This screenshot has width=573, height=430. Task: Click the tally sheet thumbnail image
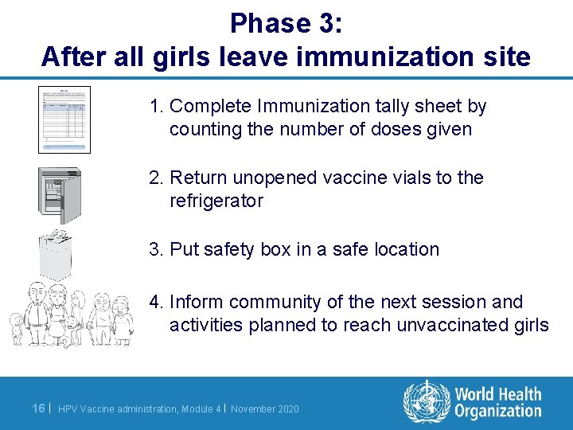pyautogui.click(x=64, y=119)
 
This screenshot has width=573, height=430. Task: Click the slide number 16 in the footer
pyautogui.click(x=38, y=408)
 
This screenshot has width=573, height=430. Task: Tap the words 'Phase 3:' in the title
pyautogui.click(x=286, y=23)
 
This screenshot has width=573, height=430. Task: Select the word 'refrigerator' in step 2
pyautogui.click(x=216, y=201)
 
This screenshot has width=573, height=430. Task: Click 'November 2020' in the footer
pyautogui.click(x=265, y=409)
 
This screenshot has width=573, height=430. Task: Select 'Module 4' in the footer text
pyautogui.click(x=200, y=409)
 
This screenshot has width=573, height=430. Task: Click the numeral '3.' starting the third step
pyautogui.click(x=157, y=249)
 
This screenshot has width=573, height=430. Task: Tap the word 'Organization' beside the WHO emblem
pyautogui.click(x=498, y=412)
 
